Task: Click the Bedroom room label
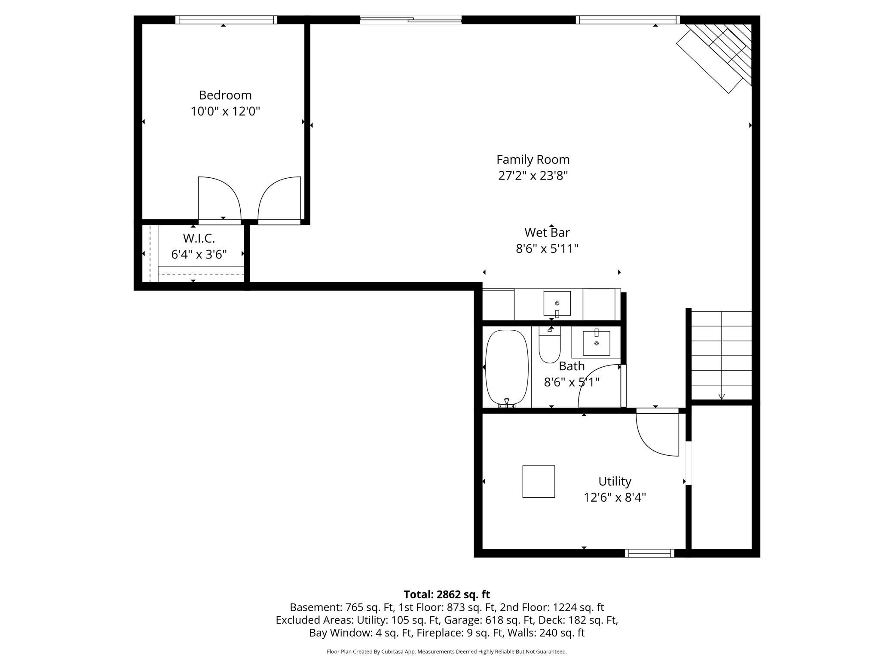225,95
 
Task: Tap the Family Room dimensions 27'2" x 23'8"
533,176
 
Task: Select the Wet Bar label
547,232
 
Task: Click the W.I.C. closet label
199,238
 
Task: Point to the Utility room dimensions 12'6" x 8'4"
615,497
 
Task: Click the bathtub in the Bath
507,368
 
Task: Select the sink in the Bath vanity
596,343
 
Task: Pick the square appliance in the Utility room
539,481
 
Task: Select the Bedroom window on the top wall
226,20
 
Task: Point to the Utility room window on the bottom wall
649,553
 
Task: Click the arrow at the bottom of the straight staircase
722,396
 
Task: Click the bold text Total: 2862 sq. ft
447,594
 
